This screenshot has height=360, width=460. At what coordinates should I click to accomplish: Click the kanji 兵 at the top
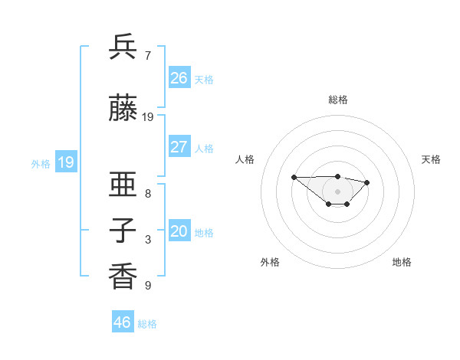click(123, 47)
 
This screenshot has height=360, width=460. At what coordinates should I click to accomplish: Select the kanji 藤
click(123, 109)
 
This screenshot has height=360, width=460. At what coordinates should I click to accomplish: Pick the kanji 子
click(123, 231)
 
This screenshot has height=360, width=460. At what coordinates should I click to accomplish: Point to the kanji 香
click(123, 277)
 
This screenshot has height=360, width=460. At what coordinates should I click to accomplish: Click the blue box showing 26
click(179, 78)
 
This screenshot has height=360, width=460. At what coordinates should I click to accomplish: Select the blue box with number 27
click(179, 147)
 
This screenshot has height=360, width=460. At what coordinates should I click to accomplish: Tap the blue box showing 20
click(179, 231)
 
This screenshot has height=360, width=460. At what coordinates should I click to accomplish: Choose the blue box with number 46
click(123, 322)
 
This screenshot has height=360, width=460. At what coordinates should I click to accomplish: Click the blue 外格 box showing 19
click(65, 162)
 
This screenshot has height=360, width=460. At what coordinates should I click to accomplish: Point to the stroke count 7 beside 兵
click(148, 56)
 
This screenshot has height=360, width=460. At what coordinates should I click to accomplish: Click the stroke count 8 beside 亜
click(148, 194)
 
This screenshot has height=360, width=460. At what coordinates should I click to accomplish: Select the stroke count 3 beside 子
click(148, 240)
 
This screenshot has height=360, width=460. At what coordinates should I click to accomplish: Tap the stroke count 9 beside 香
click(148, 286)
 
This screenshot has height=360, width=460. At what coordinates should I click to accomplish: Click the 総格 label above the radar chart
click(338, 100)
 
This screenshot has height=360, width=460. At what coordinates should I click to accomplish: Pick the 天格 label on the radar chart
click(431, 159)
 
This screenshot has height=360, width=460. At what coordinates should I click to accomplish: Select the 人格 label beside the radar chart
click(245, 159)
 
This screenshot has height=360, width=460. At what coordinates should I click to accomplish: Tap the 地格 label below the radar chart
click(402, 262)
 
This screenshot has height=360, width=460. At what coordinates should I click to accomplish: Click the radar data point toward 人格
click(294, 177)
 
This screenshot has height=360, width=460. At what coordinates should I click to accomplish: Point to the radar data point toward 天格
click(367, 182)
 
